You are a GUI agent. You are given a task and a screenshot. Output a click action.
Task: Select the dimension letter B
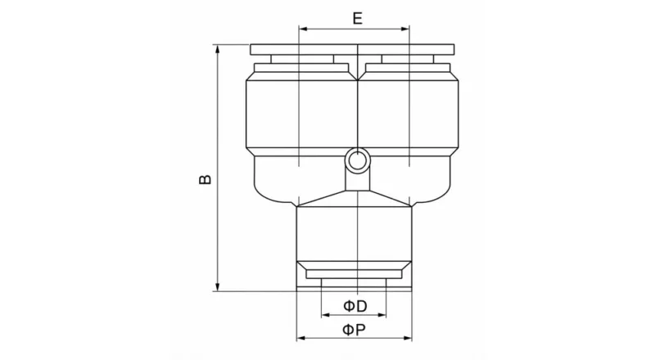[206, 178]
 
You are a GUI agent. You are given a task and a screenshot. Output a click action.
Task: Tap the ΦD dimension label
[354, 305]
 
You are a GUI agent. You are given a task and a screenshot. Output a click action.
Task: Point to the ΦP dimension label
[354, 330]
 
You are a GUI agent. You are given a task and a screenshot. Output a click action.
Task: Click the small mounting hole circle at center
[357, 160]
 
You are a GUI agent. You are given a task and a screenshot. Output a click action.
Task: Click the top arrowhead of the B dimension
[218, 49]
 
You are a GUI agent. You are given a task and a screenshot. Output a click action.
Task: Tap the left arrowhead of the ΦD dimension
[326, 314]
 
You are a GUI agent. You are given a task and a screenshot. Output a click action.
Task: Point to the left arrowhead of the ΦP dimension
[300, 338]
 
